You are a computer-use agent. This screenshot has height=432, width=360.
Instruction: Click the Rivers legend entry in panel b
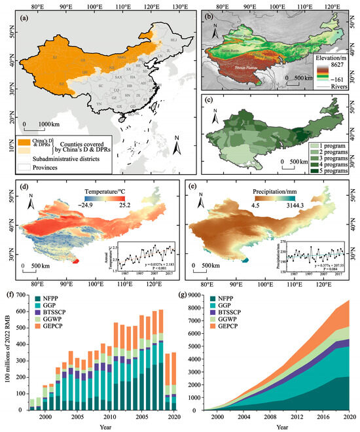tap(331, 86)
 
